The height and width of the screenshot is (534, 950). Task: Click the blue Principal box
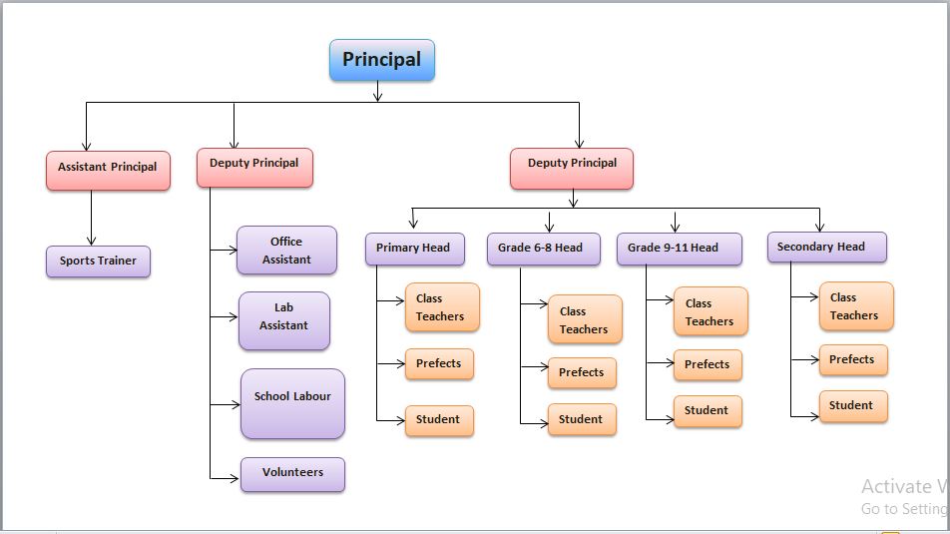tap(382, 60)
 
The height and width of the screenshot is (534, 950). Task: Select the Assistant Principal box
tap(108, 169)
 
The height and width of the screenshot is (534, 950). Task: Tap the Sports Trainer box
tap(98, 262)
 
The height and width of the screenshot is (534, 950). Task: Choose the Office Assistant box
tap(286, 251)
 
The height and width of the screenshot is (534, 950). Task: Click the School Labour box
tap(292, 403)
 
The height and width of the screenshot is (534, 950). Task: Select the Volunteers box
tap(292, 474)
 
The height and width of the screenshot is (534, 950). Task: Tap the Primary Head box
tap(414, 249)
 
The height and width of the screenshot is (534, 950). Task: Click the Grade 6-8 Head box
tap(543, 249)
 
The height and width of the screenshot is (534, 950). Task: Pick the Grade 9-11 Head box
tap(679, 249)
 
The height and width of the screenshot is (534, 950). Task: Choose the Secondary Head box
tap(826, 247)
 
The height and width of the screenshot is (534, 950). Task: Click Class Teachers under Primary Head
tap(441, 307)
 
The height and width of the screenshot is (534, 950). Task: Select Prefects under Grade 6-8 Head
tap(582, 373)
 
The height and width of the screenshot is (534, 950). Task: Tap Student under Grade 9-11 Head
tap(708, 411)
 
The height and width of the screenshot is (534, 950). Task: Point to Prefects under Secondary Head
tap(852, 360)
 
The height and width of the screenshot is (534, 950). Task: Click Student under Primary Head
tap(439, 420)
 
